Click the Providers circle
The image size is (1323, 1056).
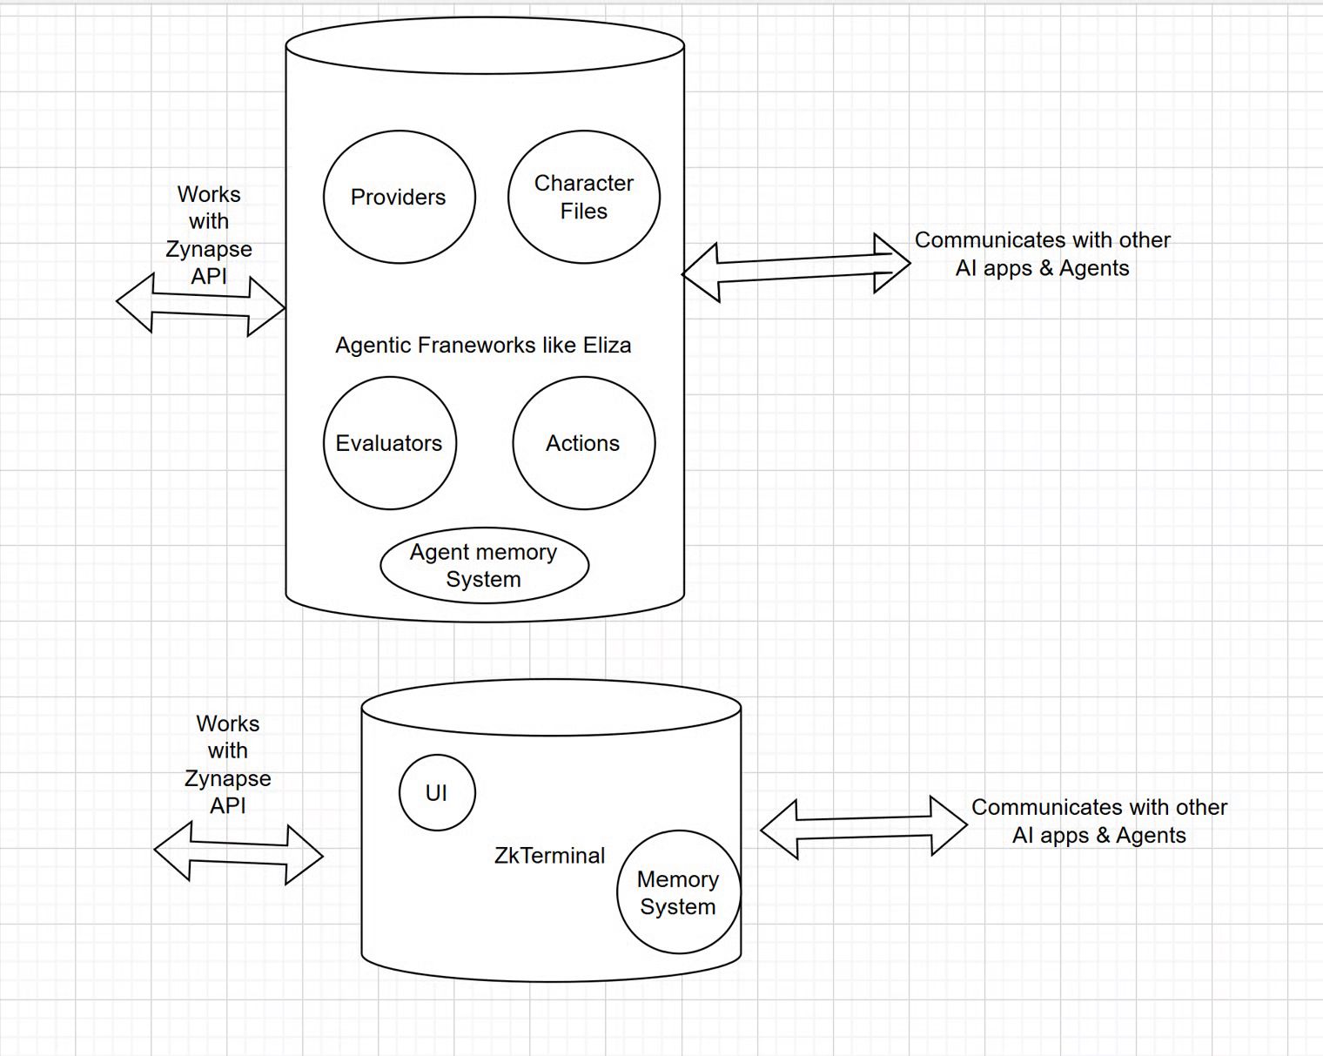[399, 198]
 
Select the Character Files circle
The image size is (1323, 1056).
[583, 198]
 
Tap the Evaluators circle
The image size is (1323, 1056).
[389, 443]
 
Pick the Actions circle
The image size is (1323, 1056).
[583, 443]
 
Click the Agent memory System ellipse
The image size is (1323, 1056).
[484, 566]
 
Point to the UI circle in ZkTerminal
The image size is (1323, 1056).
[437, 793]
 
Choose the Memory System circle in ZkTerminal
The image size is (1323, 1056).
[678, 892]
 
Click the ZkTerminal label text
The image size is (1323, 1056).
[549, 856]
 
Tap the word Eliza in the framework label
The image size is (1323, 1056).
[607, 346]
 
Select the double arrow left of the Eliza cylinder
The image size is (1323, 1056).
[200, 304]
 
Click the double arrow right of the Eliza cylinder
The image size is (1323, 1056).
[796, 267]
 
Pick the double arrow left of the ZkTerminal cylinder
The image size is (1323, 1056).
[238, 853]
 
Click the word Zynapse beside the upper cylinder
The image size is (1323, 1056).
[209, 249]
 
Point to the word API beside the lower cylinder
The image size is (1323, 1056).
[228, 806]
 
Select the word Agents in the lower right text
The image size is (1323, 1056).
[1151, 836]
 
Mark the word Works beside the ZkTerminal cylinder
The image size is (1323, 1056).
[228, 724]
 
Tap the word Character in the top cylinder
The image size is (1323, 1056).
[584, 184]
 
